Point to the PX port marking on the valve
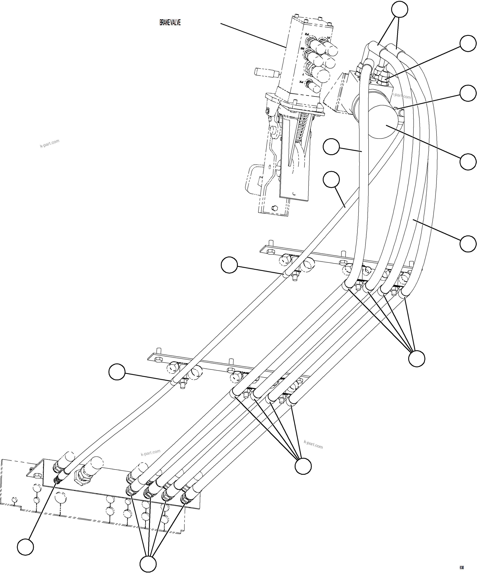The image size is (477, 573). tap(301, 82)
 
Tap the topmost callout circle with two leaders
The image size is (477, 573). tap(399, 10)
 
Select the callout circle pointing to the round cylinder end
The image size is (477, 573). tap(468, 162)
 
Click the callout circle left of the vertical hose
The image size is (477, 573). tap(331, 147)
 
